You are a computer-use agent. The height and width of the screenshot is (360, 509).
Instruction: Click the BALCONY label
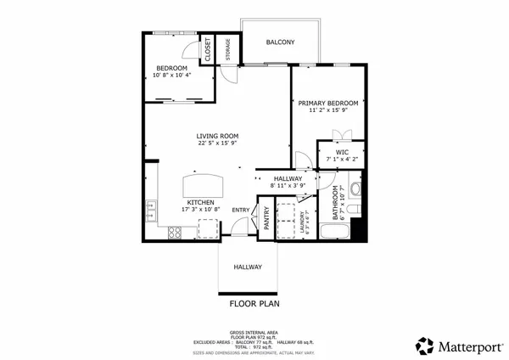tap(280, 42)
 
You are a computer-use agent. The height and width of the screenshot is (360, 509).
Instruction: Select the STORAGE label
tap(227, 51)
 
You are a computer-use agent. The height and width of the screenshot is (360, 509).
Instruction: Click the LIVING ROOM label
tap(217, 136)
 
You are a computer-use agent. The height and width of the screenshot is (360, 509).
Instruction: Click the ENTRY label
tap(241, 210)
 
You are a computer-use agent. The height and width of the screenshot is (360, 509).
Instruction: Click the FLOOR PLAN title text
tap(255, 302)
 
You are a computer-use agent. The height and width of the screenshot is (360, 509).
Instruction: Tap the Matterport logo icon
tap(424, 346)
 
